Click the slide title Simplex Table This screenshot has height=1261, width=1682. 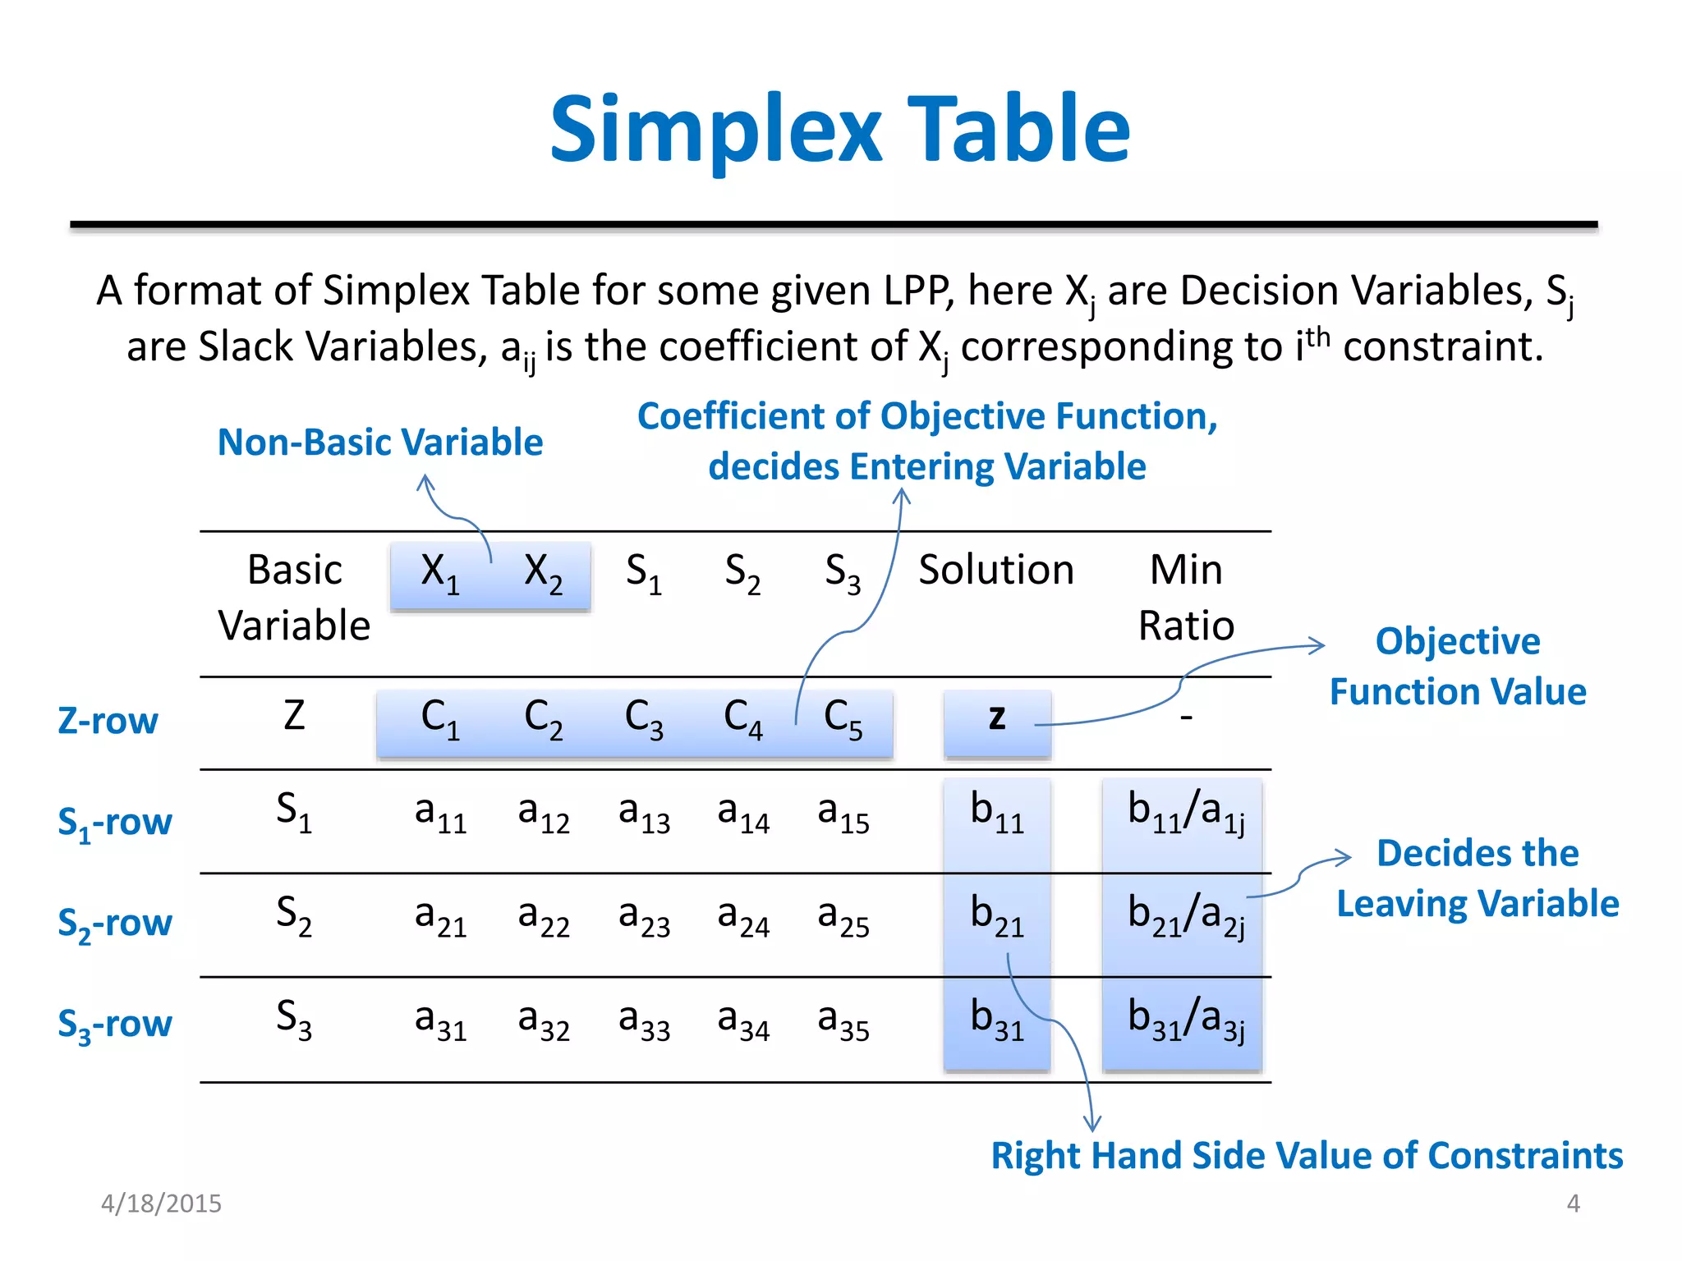click(839, 130)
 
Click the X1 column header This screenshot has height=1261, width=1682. click(439, 572)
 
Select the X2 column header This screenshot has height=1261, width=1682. click(543, 572)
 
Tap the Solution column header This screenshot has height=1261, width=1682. click(995, 570)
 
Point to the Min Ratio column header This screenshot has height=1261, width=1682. click(1186, 597)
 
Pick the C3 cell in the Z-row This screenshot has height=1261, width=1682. click(643, 719)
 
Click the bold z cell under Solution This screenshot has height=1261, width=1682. click(997, 718)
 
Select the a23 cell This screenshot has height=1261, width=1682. click(644, 916)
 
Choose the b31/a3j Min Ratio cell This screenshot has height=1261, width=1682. click(1186, 1019)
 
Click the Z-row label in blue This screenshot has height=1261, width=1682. click(108, 721)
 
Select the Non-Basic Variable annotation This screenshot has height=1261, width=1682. click(380, 442)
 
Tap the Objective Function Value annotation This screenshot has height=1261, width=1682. click(1458, 666)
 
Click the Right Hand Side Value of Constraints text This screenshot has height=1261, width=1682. click(1307, 1155)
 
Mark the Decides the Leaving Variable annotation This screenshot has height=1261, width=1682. click(1477, 878)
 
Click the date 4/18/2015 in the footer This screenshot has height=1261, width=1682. click(161, 1204)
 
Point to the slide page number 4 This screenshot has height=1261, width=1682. click(1573, 1204)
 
